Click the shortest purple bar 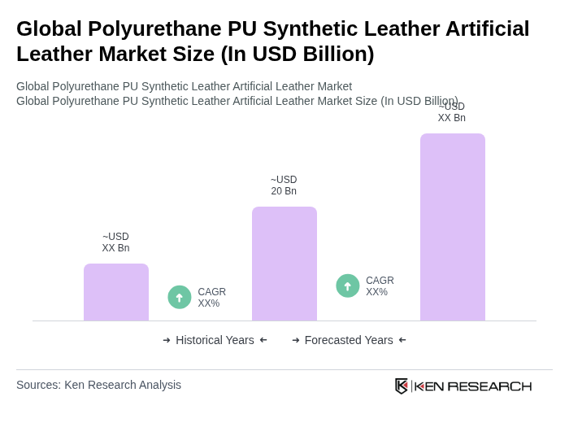click(116, 292)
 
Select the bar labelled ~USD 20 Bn click(284, 264)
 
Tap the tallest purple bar click(453, 227)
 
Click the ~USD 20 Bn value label click(284, 185)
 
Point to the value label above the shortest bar click(115, 242)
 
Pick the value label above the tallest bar click(452, 112)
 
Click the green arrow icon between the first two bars click(180, 298)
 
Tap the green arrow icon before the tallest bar click(348, 286)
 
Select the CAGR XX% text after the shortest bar click(211, 298)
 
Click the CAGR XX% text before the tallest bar click(380, 286)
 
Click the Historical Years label click(215, 340)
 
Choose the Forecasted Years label click(349, 340)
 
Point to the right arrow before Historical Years click(167, 340)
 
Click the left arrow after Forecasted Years click(402, 340)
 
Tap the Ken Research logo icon click(402, 386)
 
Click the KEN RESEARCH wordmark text click(473, 386)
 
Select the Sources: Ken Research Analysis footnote click(98, 385)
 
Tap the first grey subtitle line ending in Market click(184, 86)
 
